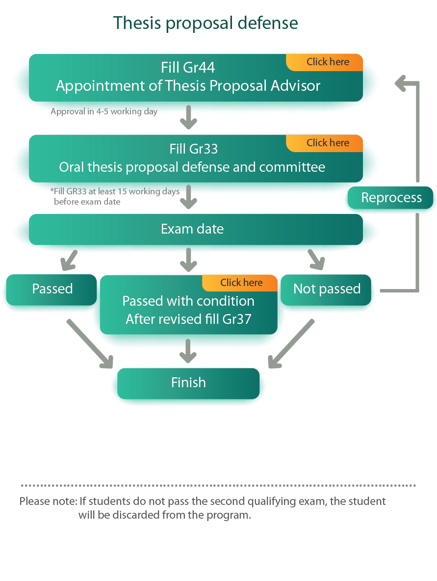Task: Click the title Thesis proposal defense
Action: (206, 23)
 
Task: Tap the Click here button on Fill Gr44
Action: (328, 62)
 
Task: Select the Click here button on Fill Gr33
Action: (328, 143)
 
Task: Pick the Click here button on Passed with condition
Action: (241, 283)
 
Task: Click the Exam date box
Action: (192, 229)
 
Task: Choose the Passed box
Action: (52, 289)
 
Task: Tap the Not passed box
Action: (327, 289)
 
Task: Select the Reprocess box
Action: (391, 198)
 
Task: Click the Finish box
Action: (188, 383)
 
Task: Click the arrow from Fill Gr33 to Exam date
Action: (188, 197)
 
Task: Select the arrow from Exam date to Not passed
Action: (316, 260)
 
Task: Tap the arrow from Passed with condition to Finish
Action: (188, 350)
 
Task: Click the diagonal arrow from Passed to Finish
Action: (90, 344)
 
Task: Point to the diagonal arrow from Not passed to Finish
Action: (290, 344)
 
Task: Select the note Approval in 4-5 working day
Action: (104, 111)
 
